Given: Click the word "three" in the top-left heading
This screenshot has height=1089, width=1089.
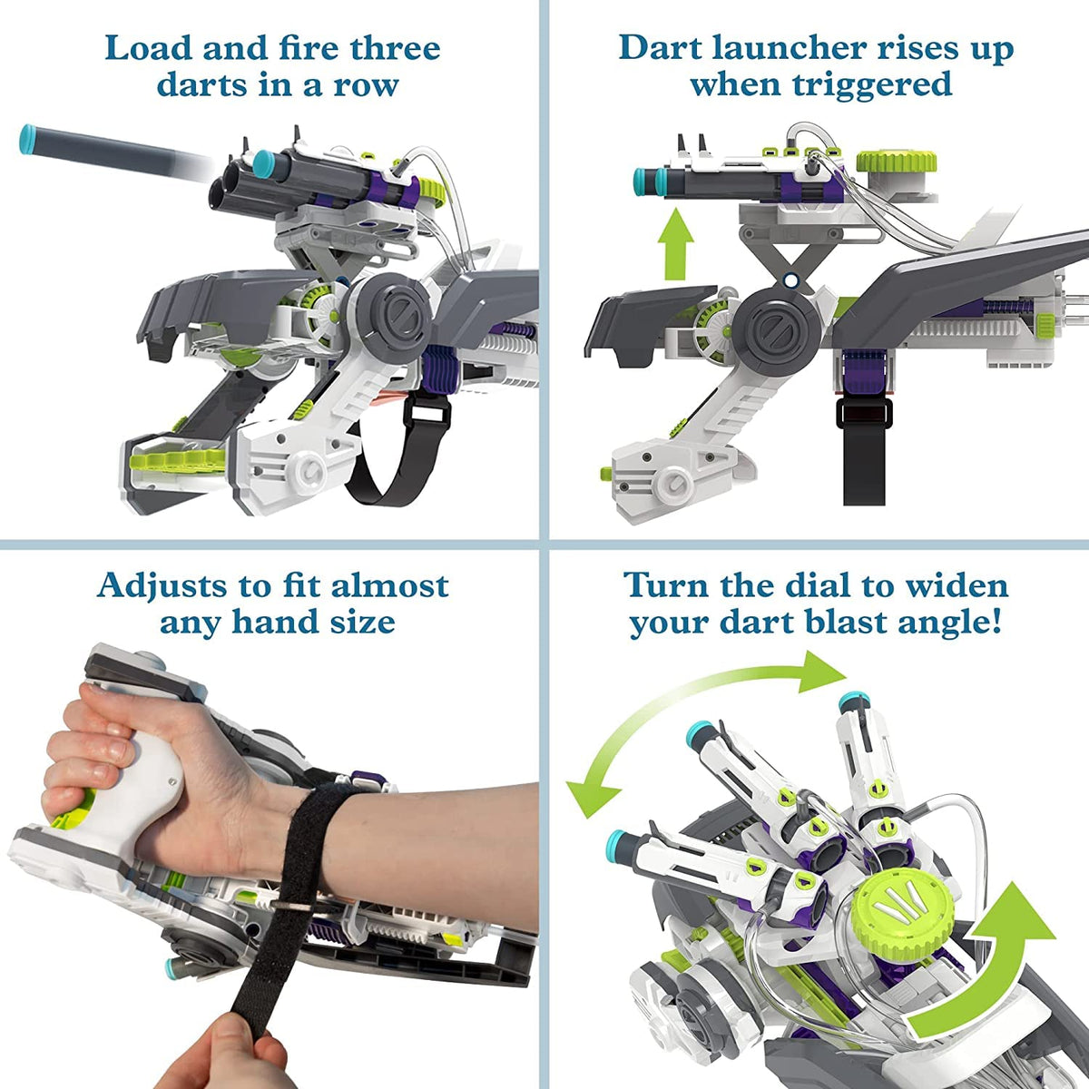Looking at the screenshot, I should tap(389, 47).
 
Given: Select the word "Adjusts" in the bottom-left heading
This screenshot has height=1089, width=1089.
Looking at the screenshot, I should tap(162, 585).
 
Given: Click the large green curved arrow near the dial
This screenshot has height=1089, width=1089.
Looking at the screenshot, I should tap(985, 962).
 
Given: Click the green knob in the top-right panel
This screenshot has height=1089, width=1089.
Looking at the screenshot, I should tap(897, 163).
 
